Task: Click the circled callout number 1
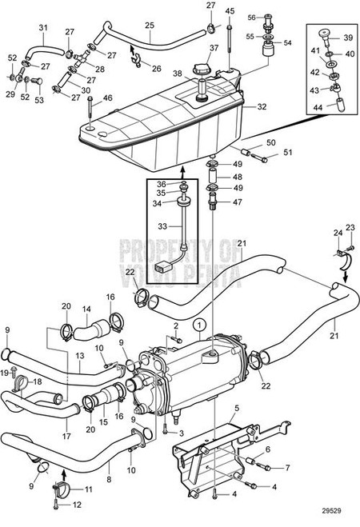[199, 325]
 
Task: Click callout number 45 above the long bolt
[230, 11]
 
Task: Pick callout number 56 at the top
[251, 17]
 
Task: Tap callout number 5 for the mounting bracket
[236, 409]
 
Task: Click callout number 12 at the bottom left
[78, 505]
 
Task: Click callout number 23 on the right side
[349, 227]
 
